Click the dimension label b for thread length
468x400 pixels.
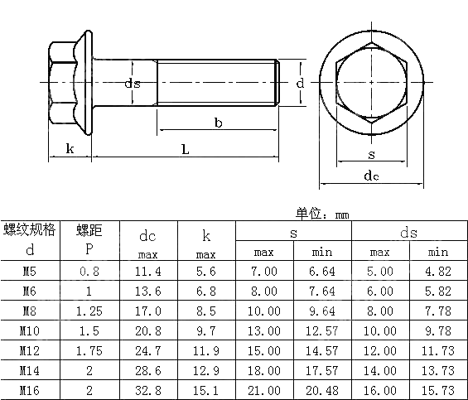(218, 123)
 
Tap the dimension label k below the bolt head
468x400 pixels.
(70, 148)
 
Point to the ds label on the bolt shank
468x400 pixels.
(133, 84)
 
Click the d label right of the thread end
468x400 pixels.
(301, 83)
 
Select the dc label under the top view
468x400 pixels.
(372, 176)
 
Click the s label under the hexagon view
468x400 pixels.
(371, 154)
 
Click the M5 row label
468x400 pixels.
(30, 271)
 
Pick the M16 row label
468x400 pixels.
(30, 388)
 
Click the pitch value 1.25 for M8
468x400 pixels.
(89, 311)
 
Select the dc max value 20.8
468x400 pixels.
(148, 330)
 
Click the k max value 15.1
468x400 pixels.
(207, 388)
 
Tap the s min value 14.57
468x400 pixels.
(323, 349)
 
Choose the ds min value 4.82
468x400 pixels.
(438, 271)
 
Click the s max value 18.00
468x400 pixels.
(265, 369)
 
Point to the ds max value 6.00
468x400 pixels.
(380, 291)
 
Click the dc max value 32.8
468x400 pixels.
(148, 388)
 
